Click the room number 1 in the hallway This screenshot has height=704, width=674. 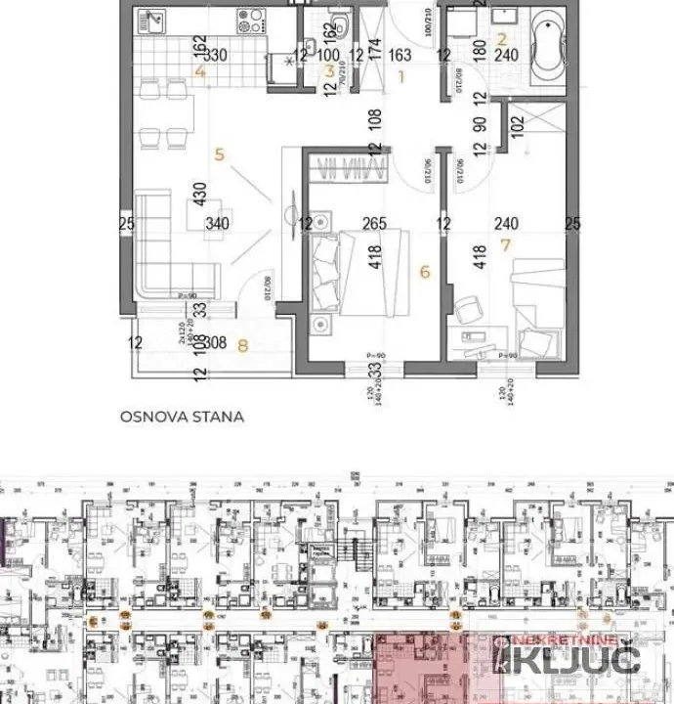400,78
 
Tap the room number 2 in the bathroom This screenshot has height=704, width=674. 502,40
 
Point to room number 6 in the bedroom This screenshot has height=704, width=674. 424,273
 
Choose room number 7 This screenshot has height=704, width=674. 505,244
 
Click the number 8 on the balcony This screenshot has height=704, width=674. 243,343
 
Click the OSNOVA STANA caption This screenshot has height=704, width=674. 182,416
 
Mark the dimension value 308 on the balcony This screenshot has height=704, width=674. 217,343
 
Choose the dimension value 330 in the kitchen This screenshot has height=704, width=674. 215,56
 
